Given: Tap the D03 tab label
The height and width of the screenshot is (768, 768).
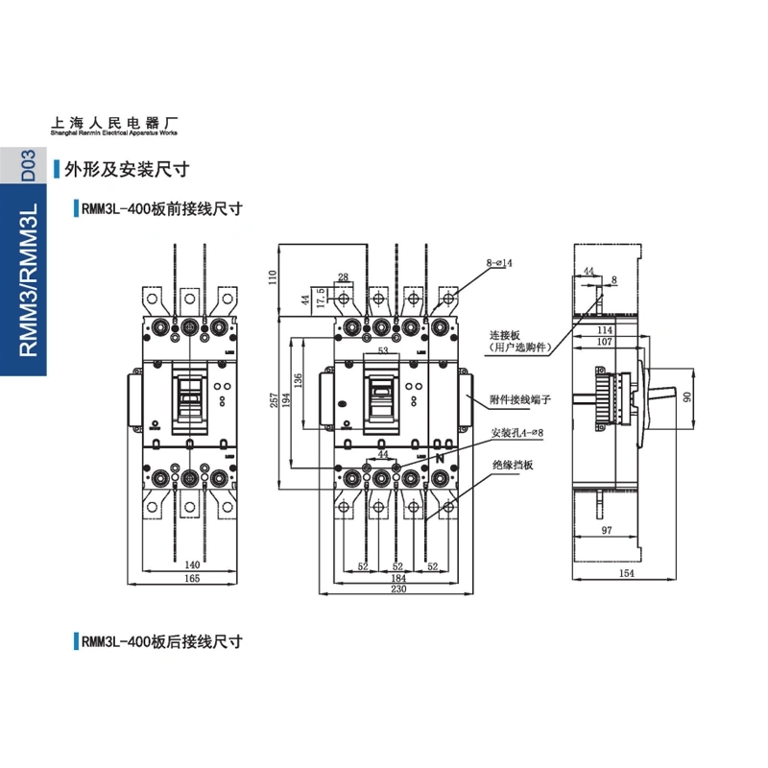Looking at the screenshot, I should pyautogui.click(x=28, y=165).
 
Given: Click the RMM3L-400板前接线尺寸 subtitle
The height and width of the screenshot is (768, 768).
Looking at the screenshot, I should pyautogui.click(x=161, y=207).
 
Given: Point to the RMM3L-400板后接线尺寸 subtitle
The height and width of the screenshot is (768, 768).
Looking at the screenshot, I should pyautogui.click(x=161, y=642).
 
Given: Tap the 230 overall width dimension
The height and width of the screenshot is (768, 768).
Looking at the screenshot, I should pyautogui.click(x=397, y=590).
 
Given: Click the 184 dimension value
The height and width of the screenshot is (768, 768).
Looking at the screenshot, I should pyautogui.click(x=397, y=578).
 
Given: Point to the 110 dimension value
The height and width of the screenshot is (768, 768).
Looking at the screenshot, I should pyautogui.click(x=273, y=278).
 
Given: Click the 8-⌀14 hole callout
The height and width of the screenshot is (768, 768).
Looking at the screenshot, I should pyautogui.click(x=499, y=262).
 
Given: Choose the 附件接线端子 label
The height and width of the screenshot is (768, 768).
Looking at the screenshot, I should pyautogui.click(x=519, y=398).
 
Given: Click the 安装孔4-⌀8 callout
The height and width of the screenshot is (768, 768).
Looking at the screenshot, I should pyautogui.click(x=516, y=434).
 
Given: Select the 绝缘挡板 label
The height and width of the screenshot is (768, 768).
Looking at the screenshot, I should pyautogui.click(x=512, y=466).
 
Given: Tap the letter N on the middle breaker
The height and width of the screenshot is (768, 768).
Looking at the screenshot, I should pyautogui.click(x=440, y=459).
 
